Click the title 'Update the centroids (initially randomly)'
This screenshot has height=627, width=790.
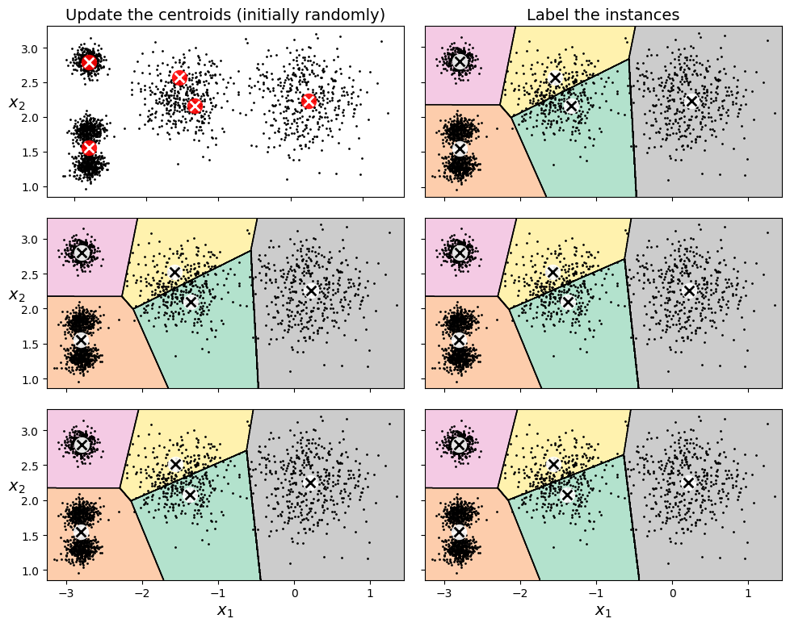click(225, 15)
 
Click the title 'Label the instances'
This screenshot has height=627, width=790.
click(603, 15)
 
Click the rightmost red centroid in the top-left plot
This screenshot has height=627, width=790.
click(309, 101)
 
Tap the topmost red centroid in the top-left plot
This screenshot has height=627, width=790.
click(89, 62)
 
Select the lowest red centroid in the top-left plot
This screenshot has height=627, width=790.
click(89, 148)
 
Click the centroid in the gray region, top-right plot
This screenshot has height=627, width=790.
click(691, 101)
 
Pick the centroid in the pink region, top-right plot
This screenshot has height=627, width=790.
click(460, 61)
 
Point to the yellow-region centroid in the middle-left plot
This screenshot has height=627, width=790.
click(175, 272)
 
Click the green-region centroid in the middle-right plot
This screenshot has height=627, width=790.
click(568, 302)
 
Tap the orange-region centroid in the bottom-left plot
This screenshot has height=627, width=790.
click(81, 532)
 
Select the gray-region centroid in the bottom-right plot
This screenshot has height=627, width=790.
click(688, 483)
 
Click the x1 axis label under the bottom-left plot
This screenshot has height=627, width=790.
click(225, 611)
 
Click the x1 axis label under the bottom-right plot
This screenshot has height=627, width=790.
click(603, 611)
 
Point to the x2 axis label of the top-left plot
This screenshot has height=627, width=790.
click(15, 102)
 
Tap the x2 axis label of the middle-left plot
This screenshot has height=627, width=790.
click(15, 295)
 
